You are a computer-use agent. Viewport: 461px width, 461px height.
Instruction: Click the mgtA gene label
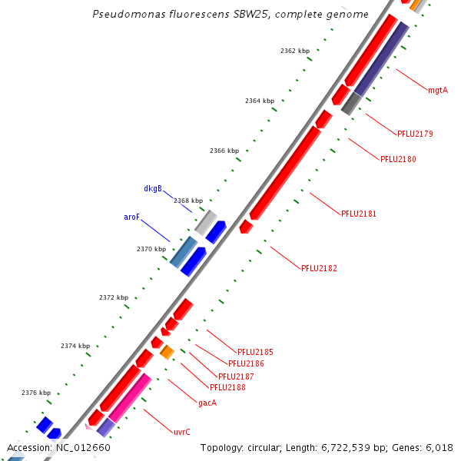pyautogui.click(x=438, y=91)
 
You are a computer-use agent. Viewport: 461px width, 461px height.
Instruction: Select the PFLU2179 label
pyautogui.click(x=415, y=134)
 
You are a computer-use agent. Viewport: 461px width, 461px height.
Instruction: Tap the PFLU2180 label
pyautogui.click(x=398, y=160)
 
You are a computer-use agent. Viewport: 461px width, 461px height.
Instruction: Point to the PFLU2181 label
pyautogui.click(x=359, y=214)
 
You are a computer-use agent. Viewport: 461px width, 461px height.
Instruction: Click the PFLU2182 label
pyautogui.click(x=319, y=269)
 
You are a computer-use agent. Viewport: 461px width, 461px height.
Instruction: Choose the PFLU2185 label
pyautogui.click(x=255, y=353)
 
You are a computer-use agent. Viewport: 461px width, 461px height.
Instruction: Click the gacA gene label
pyautogui.click(x=207, y=403)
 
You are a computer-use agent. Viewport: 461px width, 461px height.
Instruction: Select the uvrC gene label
pyautogui.click(x=182, y=432)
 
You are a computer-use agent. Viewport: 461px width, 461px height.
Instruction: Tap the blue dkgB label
pyautogui.click(x=153, y=189)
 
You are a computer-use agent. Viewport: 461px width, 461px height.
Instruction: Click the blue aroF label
pyautogui.click(x=132, y=217)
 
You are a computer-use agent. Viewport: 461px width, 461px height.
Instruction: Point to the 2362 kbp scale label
pyautogui.click(x=295, y=51)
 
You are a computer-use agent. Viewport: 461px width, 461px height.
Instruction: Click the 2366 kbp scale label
pyautogui.click(x=224, y=151)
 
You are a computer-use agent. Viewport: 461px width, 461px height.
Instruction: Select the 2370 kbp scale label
pyautogui.click(x=151, y=249)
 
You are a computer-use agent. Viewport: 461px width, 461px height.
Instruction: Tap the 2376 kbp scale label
pyautogui.click(x=36, y=393)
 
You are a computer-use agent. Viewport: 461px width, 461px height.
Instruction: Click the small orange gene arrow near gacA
pyautogui.click(x=167, y=352)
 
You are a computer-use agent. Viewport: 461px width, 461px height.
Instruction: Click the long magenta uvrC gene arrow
pyautogui.click(x=130, y=396)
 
